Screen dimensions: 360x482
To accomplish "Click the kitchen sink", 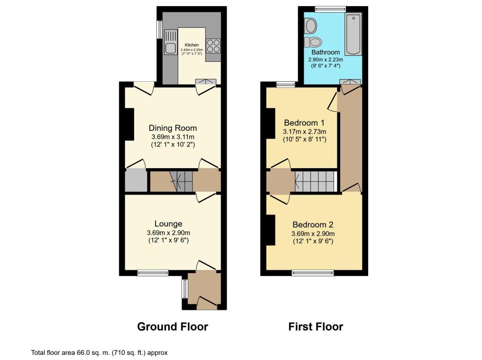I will [170, 41].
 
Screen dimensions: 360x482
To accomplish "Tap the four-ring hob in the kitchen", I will [213, 45].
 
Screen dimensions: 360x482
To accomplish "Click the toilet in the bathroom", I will [311, 41].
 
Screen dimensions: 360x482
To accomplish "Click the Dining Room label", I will [172, 128].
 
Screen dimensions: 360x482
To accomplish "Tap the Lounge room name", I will [168, 223].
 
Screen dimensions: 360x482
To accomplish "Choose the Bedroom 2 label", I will [313, 224].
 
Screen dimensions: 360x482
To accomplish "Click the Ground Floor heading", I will [172, 326].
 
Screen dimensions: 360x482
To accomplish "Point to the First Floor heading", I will [316, 326].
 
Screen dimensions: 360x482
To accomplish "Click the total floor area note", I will [99, 352].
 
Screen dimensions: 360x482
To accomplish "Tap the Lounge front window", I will [153, 272].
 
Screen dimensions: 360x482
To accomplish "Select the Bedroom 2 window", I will [312, 272].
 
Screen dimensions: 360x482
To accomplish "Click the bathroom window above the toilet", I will [330, 9].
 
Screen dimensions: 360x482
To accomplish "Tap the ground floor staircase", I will [171, 181].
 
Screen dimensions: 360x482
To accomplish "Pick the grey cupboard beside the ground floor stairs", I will [136, 181].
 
